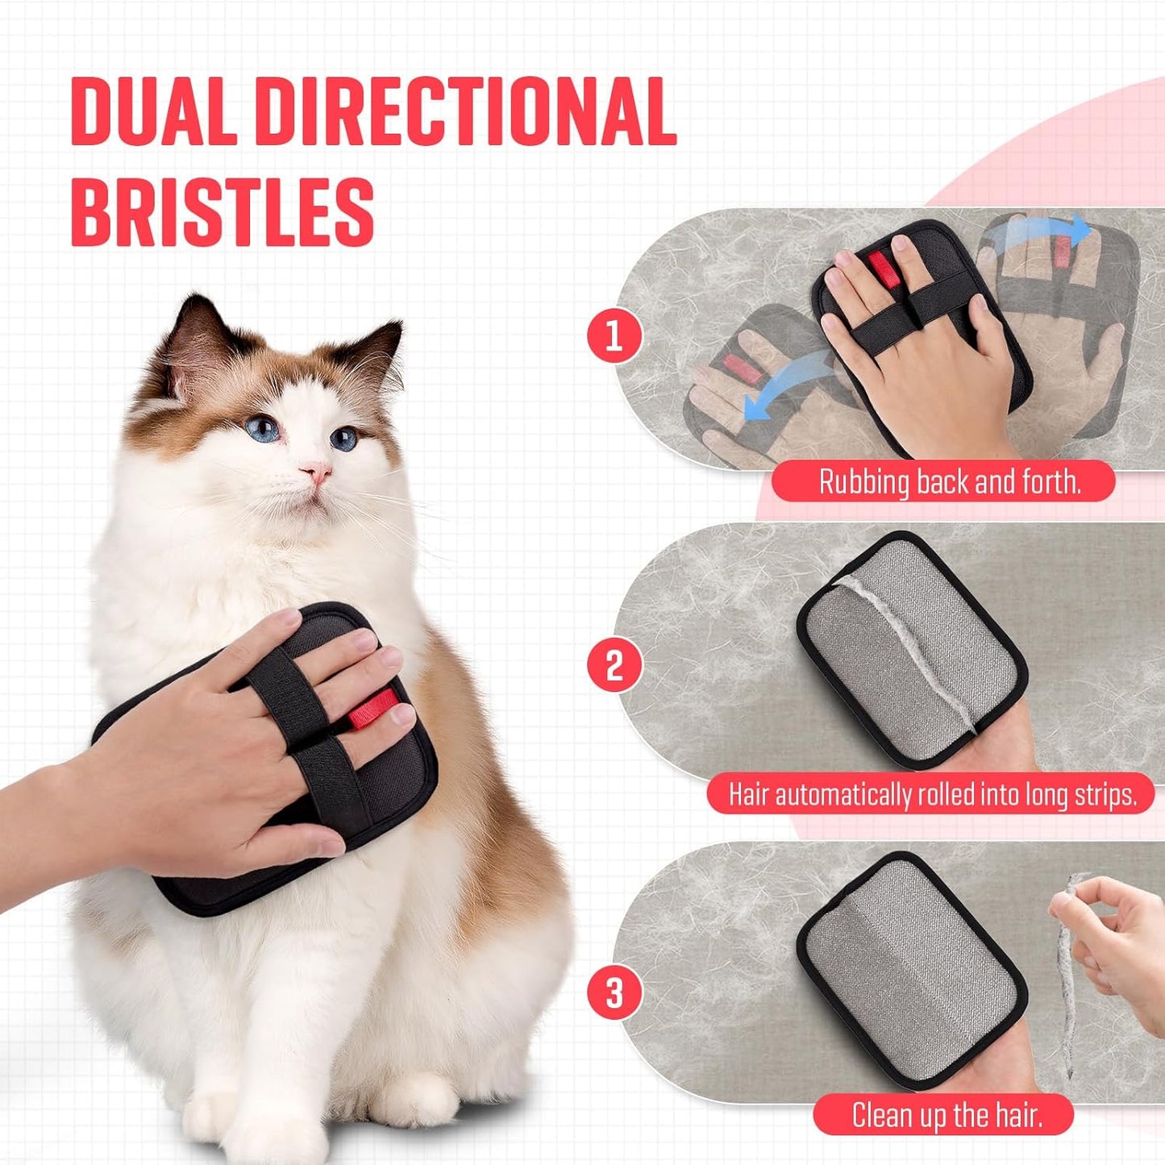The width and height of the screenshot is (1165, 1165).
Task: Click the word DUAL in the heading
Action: [153, 112]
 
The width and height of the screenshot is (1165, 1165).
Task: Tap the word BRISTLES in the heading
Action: [223, 212]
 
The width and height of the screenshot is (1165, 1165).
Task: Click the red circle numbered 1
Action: [614, 335]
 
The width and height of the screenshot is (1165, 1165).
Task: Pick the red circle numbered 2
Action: [614, 666]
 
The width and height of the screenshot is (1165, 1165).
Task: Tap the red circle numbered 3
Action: [614, 992]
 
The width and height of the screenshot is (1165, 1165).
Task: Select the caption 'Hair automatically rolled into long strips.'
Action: [932, 794]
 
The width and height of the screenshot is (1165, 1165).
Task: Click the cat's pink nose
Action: [315, 472]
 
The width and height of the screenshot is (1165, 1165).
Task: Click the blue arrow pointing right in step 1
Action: [1040, 234]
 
